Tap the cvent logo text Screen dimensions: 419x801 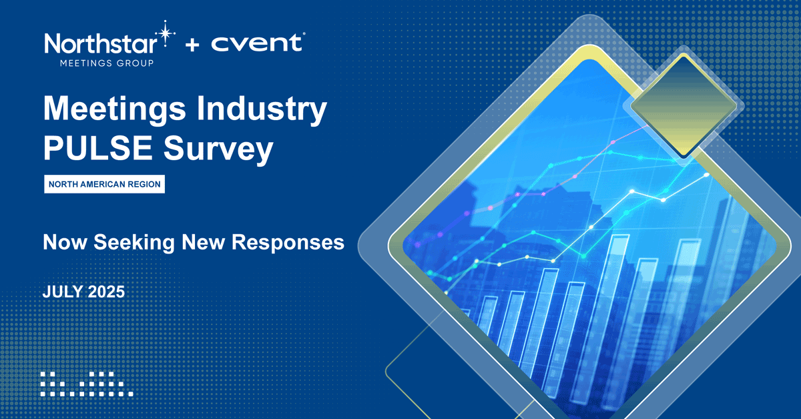pyautogui.click(x=256, y=45)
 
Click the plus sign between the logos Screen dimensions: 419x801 pyautogui.click(x=192, y=45)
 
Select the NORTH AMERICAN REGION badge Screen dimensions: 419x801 pyautogui.click(x=104, y=184)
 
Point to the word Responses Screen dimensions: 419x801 pyautogui.click(x=288, y=242)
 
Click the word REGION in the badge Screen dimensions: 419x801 pyautogui.click(x=146, y=184)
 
